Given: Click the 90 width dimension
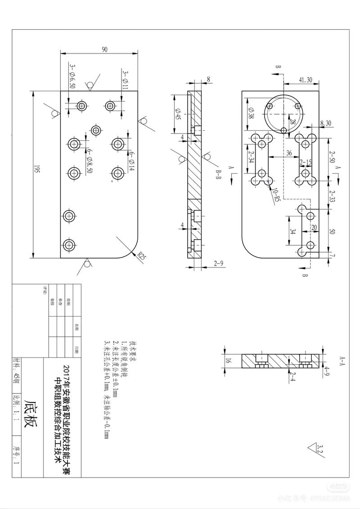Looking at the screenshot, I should pyautogui.click(x=105, y=50).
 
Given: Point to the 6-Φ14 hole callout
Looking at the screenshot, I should pyautogui.click(x=132, y=160).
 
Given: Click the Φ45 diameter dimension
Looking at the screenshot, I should pyautogui.click(x=178, y=114).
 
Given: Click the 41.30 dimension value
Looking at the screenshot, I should pyautogui.click(x=306, y=80).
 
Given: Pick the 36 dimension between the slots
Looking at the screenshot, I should pyautogui.click(x=289, y=153).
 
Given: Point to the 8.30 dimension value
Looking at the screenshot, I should pyautogui.click(x=326, y=123).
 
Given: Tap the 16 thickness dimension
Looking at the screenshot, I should pyautogui.click(x=228, y=361).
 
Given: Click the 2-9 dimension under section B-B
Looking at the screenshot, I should pyautogui.click(x=220, y=263).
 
